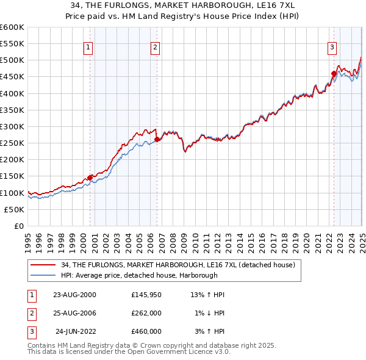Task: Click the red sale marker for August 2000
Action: pos(90,178)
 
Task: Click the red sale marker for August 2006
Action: pos(157,139)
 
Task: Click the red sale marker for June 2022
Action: pos(334,74)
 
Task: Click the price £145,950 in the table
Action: pos(146,295)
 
